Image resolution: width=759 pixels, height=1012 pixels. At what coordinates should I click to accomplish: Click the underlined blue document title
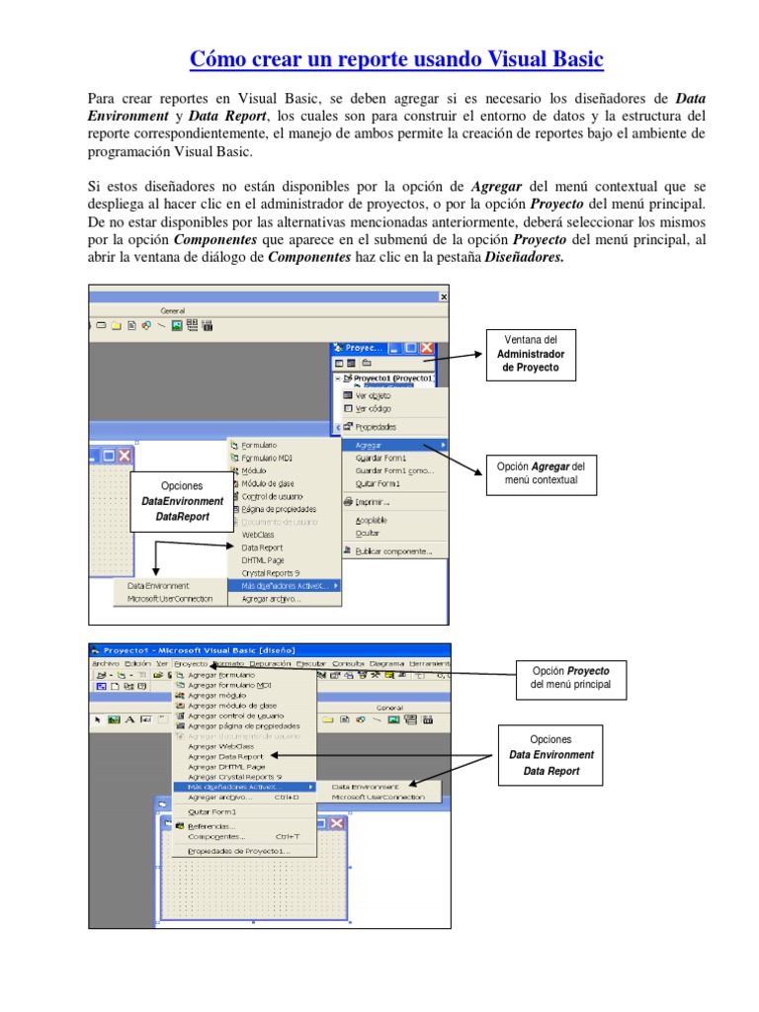pyautogui.click(x=395, y=59)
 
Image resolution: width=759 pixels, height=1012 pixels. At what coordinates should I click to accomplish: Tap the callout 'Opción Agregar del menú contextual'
pyautogui.click(x=543, y=472)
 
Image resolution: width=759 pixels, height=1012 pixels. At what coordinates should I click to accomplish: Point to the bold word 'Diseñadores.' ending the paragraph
pyautogui.click(x=528, y=257)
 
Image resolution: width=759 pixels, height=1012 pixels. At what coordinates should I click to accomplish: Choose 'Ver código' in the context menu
pyautogui.click(x=373, y=408)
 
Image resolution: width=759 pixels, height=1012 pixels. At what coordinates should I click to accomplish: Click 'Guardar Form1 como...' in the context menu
pyautogui.click(x=393, y=470)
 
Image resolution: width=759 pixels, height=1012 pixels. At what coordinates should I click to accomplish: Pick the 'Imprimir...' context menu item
pyautogui.click(x=374, y=502)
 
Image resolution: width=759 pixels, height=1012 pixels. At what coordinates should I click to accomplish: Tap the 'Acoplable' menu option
pyautogui.click(x=371, y=520)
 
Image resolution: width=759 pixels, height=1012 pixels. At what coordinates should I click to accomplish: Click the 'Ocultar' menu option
pyautogui.click(x=367, y=533)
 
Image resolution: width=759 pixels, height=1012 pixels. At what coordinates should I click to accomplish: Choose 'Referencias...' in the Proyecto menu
pyautogui.click(x=211, y=826)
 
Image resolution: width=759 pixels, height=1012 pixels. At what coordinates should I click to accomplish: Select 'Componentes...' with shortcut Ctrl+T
pyautogui.click(x=215, y=837)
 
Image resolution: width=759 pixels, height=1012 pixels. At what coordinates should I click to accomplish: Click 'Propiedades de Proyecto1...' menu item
pyautogui.click(x=238, y=850)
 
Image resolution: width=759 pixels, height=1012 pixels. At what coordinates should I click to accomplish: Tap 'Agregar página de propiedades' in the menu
pyautogui.click(x=244, y=725)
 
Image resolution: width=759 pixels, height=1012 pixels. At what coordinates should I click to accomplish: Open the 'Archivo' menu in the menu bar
pyautogui.click(x=106, y=664)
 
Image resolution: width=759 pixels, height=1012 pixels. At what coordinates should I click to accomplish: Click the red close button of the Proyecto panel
pyautogui.click(x=427, y=348)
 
